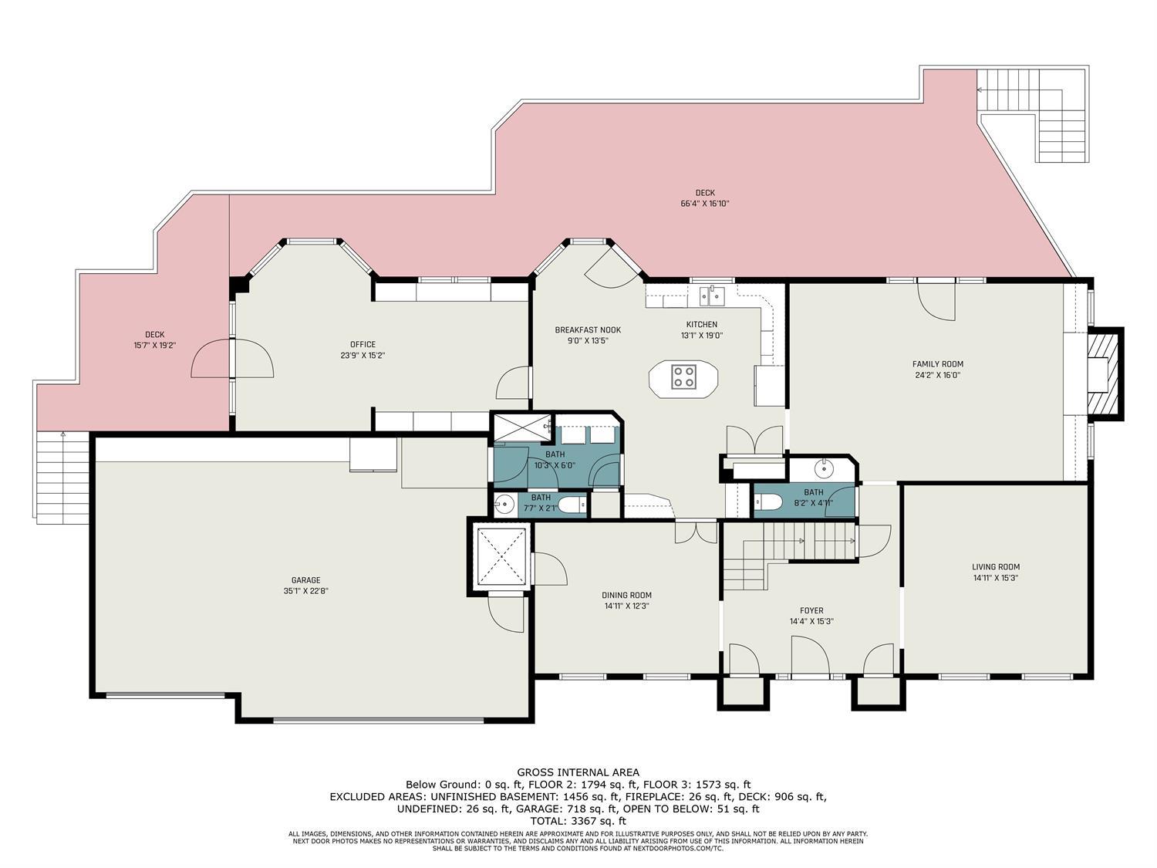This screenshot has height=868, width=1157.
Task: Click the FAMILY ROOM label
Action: pos(937,364)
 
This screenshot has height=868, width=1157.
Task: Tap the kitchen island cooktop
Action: pos(683,377)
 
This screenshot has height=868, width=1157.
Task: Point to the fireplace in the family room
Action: pos(1103,373)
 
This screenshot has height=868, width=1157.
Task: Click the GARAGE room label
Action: pos(305,580)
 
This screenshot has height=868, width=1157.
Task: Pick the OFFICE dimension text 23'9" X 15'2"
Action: pos(363,355)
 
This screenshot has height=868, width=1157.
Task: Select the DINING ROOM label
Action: pos(627,595)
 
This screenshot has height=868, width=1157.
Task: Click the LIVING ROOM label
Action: pos(996,566)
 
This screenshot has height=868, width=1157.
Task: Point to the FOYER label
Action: pos(811,610)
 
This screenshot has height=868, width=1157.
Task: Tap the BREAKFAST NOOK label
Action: pos(588,330)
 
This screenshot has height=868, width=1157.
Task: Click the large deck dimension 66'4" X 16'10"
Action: pos(705,204)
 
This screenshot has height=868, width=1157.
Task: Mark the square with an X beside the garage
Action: pos(502,556)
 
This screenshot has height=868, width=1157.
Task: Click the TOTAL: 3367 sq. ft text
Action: pos(578,821)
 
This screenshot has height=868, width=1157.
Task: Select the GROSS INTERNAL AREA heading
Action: pos(578,772)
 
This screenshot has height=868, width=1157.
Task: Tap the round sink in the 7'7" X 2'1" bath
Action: pos(504,505)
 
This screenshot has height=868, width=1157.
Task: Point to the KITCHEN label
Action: pos(702,325)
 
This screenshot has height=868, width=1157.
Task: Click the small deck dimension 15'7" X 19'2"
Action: pos(154,345)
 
